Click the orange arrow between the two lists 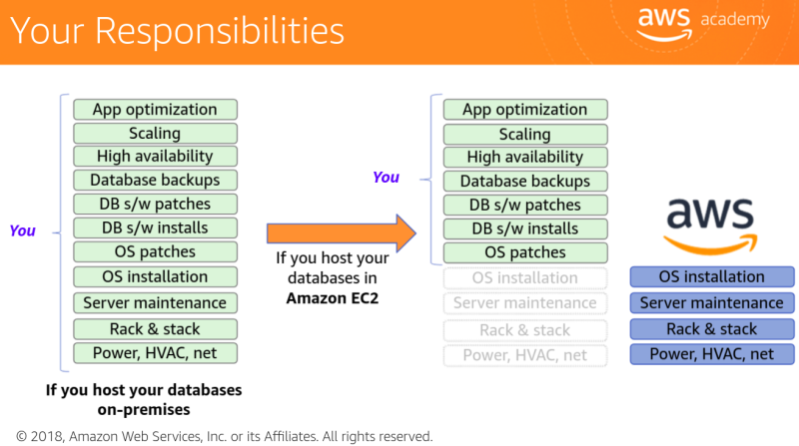coord(340,233)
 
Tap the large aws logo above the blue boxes coord(711,222)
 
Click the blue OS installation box coord(712,276)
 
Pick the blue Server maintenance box coord(712,302)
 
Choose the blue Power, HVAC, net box coord(712,353)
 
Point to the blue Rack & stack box coord(712,328)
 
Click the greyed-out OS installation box coord(524,278)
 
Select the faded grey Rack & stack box coord(524,330)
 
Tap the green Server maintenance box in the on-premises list coord(155,303)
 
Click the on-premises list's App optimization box coord(155,110)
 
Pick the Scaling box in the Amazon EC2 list coord(524,134)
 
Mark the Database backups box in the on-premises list coord(155,181)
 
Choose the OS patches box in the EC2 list coord(524,252)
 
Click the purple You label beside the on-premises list coord(22,230)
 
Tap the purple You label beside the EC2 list coord(386,178)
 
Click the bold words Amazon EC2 coord(332,297)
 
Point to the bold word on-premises coord(144,409)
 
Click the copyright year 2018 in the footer coord(50,436)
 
